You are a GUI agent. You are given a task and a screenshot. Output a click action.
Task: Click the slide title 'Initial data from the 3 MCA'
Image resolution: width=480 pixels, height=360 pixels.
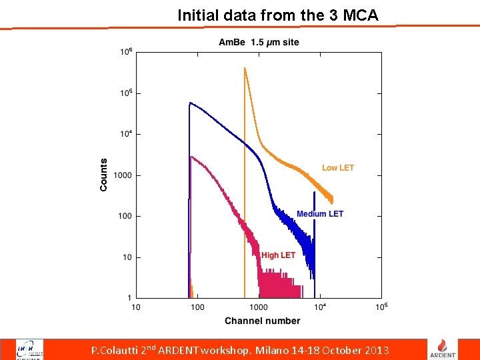(277, 15)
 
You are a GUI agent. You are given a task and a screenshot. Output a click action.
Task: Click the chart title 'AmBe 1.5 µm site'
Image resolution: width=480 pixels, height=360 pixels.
(259, 43)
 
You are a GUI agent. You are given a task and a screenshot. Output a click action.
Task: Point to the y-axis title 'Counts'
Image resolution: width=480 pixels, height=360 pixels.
(103, 175)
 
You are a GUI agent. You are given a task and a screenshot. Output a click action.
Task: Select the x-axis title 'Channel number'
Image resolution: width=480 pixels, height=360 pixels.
(262, 321)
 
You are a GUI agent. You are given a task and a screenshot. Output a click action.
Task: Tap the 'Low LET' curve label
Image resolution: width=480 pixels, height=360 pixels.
(338, 168)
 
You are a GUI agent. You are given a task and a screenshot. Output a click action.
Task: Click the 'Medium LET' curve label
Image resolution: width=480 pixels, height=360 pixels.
(320, 214)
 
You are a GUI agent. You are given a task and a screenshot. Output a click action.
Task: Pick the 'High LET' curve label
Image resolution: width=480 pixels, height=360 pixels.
(278, 255)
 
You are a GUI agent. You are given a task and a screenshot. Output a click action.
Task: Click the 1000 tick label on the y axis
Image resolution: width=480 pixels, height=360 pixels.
(123, 176)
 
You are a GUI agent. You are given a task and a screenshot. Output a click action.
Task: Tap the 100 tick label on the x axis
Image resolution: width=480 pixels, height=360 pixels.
(197, 307)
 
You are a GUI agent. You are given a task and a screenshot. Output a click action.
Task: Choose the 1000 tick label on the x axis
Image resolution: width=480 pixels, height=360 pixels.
(258, 307)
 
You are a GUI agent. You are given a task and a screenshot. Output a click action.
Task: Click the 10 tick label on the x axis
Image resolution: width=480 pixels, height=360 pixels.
(136, 307)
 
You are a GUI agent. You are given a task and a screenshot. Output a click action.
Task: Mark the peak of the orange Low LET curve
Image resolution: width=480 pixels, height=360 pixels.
(245, 68)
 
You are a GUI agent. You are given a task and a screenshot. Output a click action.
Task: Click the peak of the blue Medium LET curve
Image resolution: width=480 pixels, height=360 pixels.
(191, 103)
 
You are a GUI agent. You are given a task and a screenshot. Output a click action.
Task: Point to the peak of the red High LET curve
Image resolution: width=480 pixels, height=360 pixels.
(192, 157)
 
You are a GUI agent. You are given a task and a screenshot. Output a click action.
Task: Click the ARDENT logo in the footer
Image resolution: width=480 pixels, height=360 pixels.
(447, 348)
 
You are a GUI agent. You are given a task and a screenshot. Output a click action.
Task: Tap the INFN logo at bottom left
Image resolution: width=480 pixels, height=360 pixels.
(30, 349)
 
